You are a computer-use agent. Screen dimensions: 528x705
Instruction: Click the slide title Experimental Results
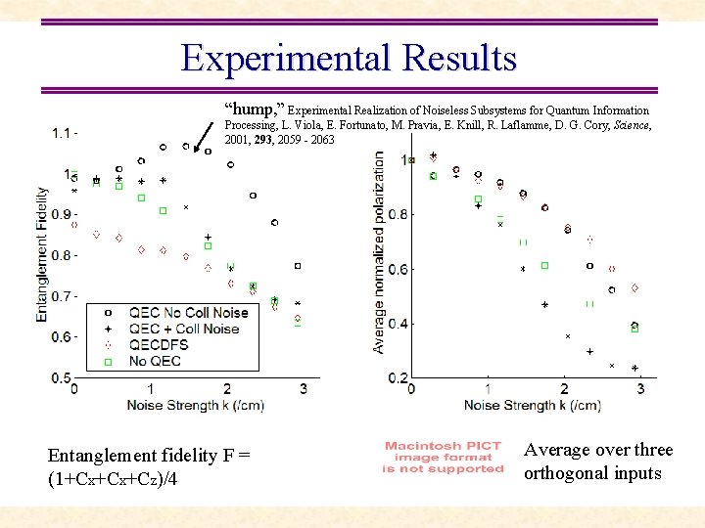(349, 59)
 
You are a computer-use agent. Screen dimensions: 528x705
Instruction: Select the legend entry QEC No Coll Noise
(188, 313)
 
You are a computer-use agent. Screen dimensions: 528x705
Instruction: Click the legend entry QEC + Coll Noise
(183, 329)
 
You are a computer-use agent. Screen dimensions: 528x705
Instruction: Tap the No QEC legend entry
(154, 361)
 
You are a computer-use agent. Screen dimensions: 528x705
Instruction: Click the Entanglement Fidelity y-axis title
(42, 242)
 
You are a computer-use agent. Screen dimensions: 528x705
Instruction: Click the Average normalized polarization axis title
(380, 253)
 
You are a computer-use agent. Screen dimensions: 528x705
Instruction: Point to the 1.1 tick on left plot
(64, 133)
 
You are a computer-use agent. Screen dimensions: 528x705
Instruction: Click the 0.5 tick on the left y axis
(61, 378)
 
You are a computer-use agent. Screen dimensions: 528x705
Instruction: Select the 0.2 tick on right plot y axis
(399, 378)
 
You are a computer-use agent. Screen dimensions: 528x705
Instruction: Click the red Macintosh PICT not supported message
(444, 458)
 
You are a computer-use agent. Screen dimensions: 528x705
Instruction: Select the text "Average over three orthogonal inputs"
(598, 462)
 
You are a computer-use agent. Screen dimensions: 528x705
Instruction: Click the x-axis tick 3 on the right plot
(640, 389)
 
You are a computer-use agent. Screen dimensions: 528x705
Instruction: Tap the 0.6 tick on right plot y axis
(399, 269)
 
